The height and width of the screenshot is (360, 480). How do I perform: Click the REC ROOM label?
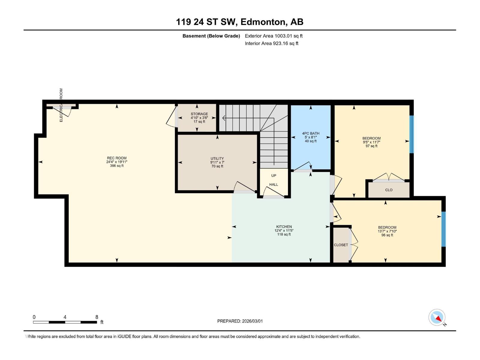point(117,158)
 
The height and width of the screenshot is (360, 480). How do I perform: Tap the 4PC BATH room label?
point(310,133)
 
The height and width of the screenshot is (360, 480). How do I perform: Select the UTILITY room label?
point(217,159)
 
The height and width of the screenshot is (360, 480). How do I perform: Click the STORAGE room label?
point(199,114)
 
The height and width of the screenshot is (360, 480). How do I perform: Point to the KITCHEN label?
point(284,227)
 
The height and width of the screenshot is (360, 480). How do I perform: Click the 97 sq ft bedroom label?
point(371,139)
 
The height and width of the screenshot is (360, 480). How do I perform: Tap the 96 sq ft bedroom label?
point(387,227)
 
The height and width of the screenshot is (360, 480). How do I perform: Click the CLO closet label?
point(389,190)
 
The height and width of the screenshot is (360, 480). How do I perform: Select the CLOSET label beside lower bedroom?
point(341,245)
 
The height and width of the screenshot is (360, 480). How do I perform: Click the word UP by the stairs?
point(274,175)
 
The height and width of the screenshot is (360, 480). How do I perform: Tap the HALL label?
point(274,184)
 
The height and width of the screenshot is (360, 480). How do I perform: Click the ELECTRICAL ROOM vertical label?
point(61,105)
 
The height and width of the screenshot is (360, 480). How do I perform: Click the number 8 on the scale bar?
point(97,317)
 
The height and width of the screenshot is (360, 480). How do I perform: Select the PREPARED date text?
point(240,321)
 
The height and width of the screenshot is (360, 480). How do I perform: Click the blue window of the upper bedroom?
point(412,134)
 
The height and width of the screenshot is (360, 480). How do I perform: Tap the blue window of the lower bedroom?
point(443,229)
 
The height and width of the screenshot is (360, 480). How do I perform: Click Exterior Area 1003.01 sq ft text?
point(274,36)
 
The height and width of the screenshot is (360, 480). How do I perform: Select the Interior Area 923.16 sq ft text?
point(271,43)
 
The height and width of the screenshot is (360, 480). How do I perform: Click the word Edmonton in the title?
point(262,22)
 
